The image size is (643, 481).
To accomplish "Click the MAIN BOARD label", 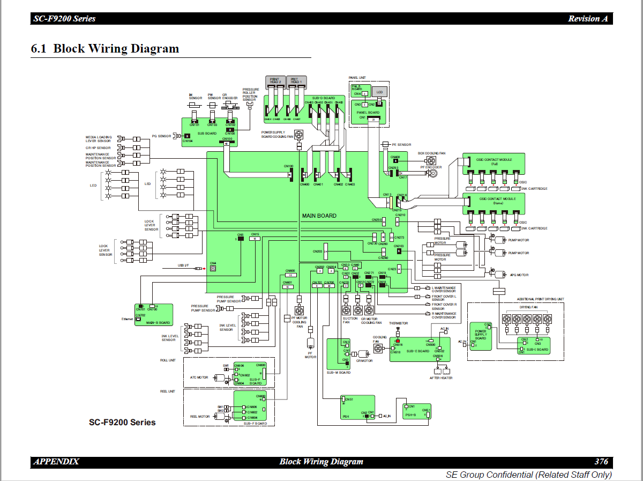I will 319,216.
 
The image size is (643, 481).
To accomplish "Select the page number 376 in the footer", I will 601,462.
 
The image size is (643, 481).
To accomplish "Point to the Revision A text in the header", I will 588,19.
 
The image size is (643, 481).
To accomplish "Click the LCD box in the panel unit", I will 379,92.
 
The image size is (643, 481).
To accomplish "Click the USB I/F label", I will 184,265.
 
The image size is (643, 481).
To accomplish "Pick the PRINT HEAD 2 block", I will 275,81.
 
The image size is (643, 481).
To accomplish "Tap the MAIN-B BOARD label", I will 158,322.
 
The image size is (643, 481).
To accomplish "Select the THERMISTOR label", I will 398,323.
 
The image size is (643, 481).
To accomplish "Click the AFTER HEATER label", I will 442,378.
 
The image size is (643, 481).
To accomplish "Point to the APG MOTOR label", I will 519,275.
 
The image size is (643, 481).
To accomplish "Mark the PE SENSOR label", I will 401,145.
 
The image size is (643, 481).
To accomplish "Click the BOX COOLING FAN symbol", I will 431,160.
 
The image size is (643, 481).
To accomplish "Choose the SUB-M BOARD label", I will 339,372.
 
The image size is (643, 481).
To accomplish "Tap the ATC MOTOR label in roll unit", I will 199,378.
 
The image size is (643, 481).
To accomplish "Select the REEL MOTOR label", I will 200,417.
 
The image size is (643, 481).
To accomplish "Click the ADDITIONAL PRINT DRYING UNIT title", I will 540,299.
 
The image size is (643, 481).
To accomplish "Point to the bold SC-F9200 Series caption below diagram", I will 122,423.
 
